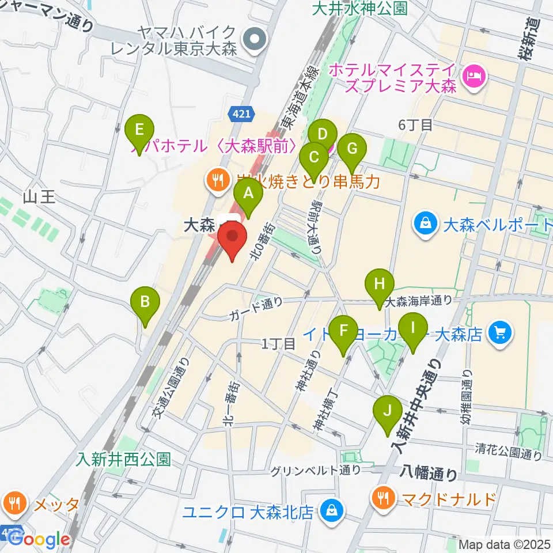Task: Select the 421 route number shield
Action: point(243,116)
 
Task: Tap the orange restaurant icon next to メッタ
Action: point(13,503)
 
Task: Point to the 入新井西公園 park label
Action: point(124,459)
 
